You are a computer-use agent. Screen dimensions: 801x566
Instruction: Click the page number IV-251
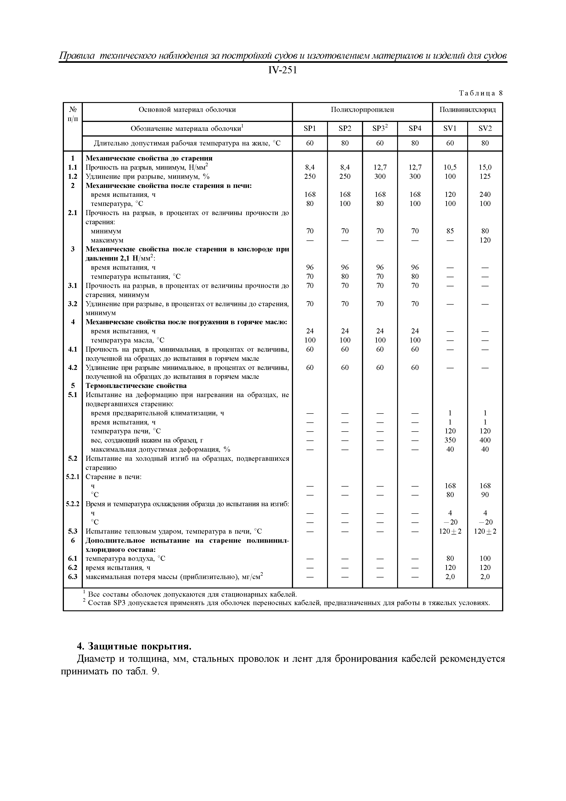283,71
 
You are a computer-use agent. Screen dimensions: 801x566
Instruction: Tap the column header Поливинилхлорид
467,110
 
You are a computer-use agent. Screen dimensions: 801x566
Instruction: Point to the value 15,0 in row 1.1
485,167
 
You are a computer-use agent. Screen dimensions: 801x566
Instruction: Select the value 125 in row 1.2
485,177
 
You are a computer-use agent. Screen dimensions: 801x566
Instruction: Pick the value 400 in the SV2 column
485,440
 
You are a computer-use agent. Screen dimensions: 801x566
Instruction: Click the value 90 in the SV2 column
485,495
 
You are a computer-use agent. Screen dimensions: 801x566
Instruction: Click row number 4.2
73,367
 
